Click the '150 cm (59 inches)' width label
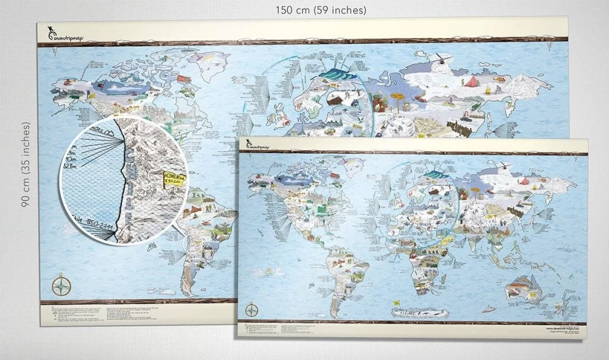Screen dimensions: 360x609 [x=320, y=10]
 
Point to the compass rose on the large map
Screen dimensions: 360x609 [x=62, y=286]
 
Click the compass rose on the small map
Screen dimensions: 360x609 [x=252, y=309]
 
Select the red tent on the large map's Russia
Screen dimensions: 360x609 [x=471, y=81]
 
